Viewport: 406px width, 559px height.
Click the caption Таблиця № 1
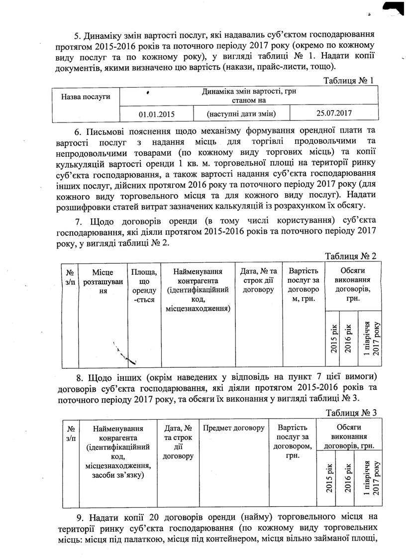pos(348,80)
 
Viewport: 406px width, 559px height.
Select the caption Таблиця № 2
pos(350,256)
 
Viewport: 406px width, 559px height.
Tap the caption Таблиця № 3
pos(351,412)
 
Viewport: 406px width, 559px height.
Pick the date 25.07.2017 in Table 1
pos(334,112)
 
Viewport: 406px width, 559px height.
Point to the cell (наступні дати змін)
pos(241,113)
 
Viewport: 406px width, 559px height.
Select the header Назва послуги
pos(85,97)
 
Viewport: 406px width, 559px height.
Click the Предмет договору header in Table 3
pos(233,428)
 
